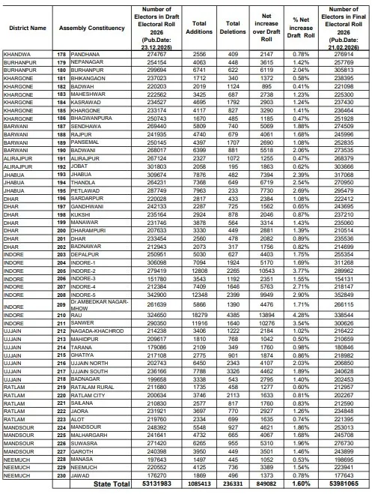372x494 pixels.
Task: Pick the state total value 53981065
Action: click(x=344, y=484)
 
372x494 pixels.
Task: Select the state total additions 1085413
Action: click(x=198, y=484)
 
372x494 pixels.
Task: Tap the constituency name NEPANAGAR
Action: click(x=88, y=62)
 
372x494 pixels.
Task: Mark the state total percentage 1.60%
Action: click(x=300, y=484)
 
